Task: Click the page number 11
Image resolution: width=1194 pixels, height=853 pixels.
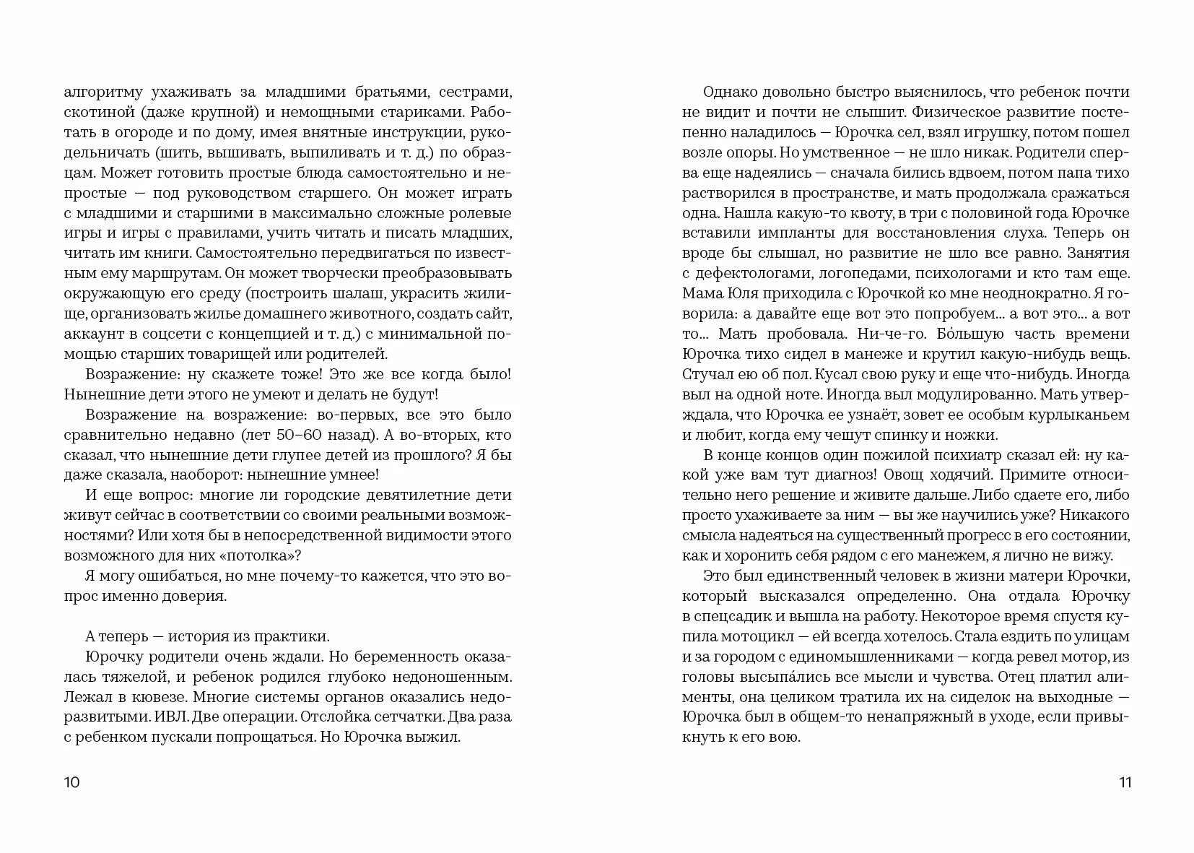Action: [1125, 783]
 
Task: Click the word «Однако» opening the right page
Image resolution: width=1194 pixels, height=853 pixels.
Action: [728, 92]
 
